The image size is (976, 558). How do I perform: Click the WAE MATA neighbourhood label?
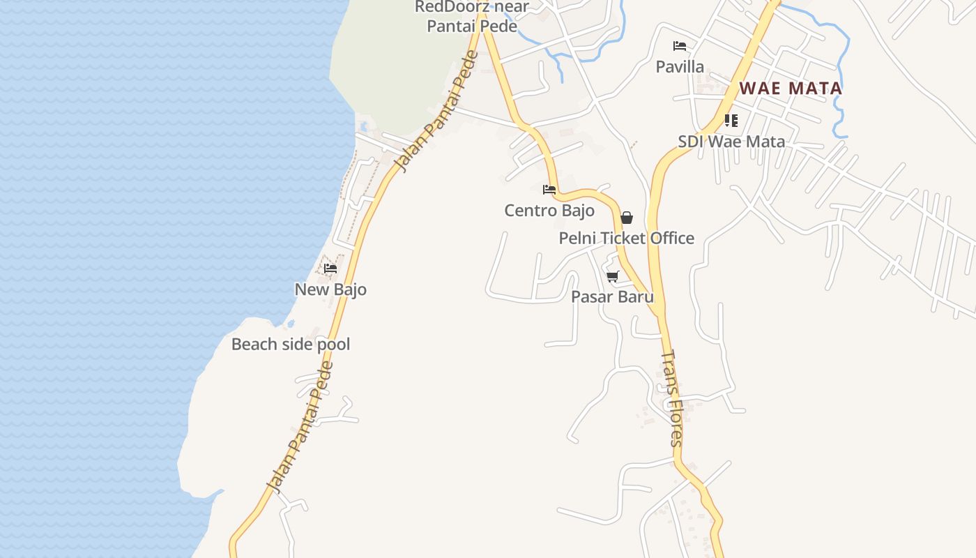coord(791,89)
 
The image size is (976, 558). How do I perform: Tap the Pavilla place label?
coord(680,67)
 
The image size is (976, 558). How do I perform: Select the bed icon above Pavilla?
coord(680,46)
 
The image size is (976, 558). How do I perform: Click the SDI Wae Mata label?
coord(731,142)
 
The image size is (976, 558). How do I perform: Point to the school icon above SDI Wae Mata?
coord(731,121)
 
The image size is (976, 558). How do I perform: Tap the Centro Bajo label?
coord(549,211)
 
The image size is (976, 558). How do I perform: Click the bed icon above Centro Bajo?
coord(549,189)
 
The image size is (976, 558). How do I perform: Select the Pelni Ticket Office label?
coord(626,239)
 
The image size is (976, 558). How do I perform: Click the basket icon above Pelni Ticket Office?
coord(626,218)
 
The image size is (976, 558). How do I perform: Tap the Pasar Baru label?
coord(612,297)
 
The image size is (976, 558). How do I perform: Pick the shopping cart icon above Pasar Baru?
coord(613,276)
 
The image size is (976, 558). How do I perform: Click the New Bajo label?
coord(330,289)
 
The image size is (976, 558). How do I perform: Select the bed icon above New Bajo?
coord(330,269)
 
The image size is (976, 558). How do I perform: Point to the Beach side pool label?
coord(291,345)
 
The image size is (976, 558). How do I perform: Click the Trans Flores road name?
coord(671,398)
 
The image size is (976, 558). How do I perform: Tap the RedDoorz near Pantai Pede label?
coord(472,17)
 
